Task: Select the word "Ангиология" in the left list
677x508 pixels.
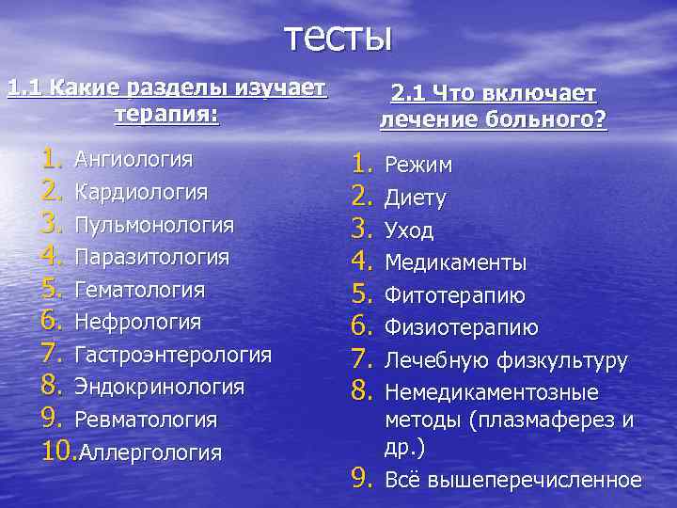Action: pos(134,159)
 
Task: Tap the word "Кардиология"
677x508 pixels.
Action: pos(141,192)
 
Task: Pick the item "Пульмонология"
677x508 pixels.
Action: pos(154,225)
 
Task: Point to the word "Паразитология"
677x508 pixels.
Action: pos(151,257)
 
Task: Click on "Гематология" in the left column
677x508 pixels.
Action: pos(139,290)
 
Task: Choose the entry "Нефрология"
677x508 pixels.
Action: pos(137,323)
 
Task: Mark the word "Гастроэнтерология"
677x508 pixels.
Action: pos(173,355)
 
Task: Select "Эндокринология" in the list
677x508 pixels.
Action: pos(159,387)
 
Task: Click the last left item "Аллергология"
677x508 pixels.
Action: pos(150,452)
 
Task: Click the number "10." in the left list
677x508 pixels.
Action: pos(59,451)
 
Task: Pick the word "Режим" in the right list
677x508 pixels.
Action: pos(418,166)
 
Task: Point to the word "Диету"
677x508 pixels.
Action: pos(416,198)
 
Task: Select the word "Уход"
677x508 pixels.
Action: pos(410,231)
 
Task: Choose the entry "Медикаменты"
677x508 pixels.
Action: pos(455,263)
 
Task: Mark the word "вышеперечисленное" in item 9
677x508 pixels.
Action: pos(534,481)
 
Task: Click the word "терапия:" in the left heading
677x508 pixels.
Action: pos(166,115)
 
